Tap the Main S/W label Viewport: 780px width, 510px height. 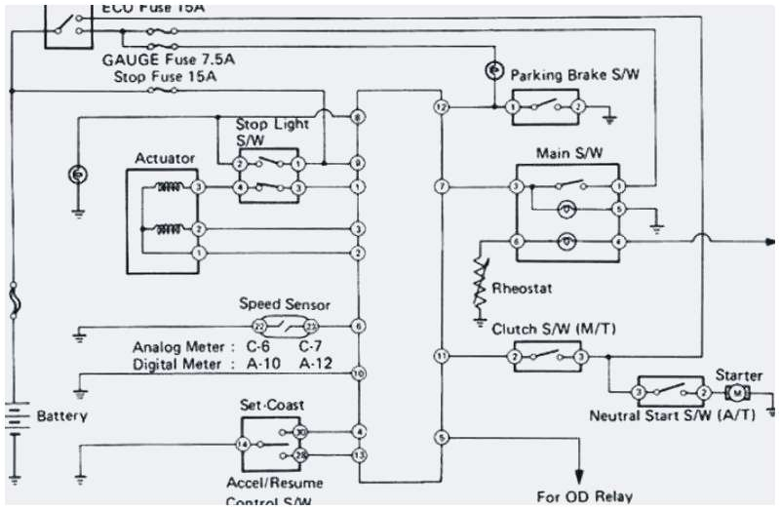pyautogui.click(x=568, y=154)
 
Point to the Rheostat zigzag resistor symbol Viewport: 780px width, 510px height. pyautogui.click(x=479, y=282)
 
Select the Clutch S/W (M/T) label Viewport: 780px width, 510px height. pyautogui.click(x=546, y=330)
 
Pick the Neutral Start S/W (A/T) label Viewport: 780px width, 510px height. pyautogui.click(x=663, y=415)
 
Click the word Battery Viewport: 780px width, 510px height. pyautogui.click(x=62, y=416)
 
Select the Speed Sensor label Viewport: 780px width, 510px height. pyautogui.click(x=285, y=304)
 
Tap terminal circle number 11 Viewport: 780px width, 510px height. pyautogui.click(x=442, y=357)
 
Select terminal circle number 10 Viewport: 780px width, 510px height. pyautogui.click(x=359, y=373)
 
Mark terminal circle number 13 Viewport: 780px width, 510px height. pyautogui.click(x=359, y=455)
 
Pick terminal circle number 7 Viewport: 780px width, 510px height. pyautogui.click(x=442, y=186)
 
